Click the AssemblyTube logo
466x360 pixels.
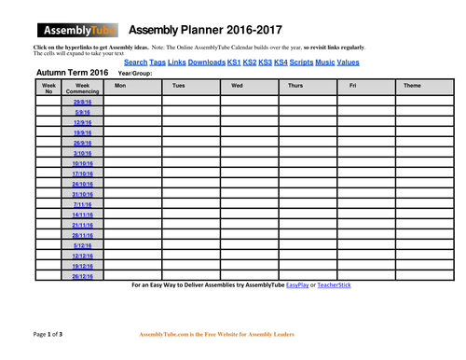coord(74,29)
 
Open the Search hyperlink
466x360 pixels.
coord(136,62)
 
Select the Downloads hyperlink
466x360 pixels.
coord(206,62)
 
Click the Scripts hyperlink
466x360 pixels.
coord(300,62)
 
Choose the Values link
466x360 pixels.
coord(348,62)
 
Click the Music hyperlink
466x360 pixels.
coord(324,62)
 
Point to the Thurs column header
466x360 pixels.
coord(295,86)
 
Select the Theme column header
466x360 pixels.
coord(412,86)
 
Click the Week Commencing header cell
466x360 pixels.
coord(82,89)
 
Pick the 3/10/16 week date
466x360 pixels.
coord(82,152)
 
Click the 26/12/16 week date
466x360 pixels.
coord(82,276)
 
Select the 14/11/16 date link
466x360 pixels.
coord(82,215)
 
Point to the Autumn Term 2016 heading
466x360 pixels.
coord(71,72)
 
